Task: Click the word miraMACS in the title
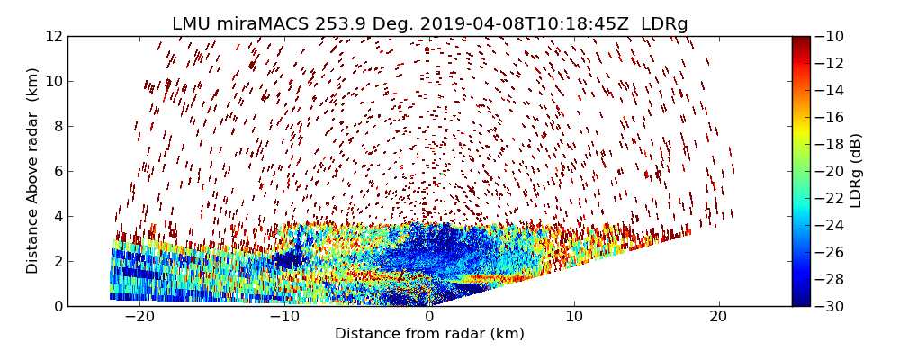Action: click(x=262, y=24)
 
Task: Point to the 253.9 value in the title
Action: click(x=339, y=24)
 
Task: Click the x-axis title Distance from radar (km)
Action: click(x=429, y=334)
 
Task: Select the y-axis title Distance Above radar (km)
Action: click(x=33, y=171)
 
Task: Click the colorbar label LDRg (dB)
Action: click(x=856, y=171)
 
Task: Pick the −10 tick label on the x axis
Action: click(x=284, y=317)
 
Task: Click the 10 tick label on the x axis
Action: click(x=574, y=317)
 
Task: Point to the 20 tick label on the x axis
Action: click(x=718, y=317)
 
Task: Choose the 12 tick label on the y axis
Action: click(x=54, y=37)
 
